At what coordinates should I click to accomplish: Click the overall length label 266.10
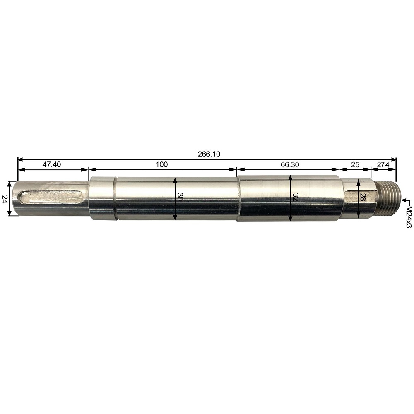tap(209, 154)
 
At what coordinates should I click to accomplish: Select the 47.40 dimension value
tap(52, 164)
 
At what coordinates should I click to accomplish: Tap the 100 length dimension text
tap(161, 164)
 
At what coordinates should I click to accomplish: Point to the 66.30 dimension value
tap(290, 164)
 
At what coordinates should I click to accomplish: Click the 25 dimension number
tap(355, 164)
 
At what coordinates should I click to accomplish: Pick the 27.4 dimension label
tap(383, 165)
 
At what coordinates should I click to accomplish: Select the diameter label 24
tap(5, 199)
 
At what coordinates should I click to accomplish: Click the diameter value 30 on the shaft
tap(180, 197)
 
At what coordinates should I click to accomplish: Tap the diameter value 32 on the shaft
tap(295, 197)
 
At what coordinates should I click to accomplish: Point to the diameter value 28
tap(363, 197)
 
